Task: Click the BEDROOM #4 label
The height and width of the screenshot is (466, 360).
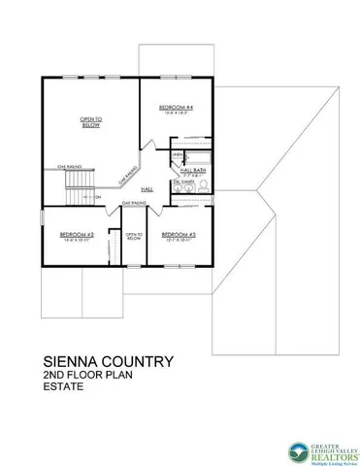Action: point(174,107)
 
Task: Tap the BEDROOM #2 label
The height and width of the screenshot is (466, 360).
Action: point(76,234)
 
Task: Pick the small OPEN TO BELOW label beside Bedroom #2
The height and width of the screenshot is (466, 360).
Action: point(133,236)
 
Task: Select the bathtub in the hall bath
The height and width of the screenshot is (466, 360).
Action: point(199,156)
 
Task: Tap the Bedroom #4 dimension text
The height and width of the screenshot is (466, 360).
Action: point(174,114)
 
